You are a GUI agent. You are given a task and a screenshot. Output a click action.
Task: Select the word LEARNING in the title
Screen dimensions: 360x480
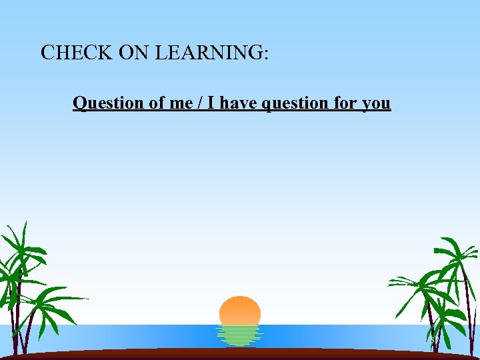(x=209, y=53)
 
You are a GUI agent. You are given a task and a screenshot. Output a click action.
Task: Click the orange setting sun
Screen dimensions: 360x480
(x=240, y=311)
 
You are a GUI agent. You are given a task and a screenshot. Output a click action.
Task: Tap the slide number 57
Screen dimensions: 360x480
(x=435, y=341)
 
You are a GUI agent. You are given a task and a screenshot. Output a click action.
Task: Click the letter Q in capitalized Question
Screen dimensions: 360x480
(x=79, y=103)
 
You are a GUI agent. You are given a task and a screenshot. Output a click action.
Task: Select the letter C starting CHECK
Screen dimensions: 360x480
(x=47, y=53)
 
